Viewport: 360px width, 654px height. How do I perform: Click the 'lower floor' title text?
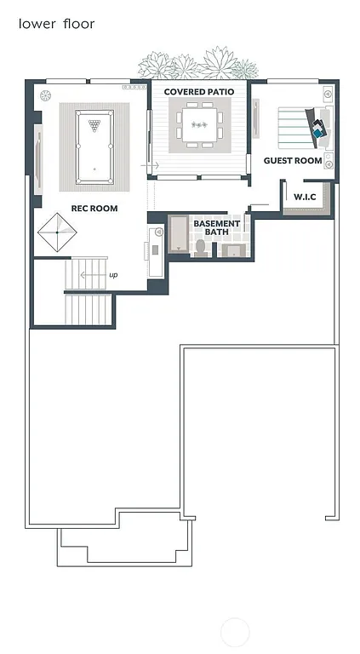coord(56,24)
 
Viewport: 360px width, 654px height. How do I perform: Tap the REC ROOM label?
coord(94,208)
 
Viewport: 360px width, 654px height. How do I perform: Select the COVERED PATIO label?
coord(199,91)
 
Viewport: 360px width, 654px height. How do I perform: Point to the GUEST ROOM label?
coord(293,160)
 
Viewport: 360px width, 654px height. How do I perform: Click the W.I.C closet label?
coord(306,197)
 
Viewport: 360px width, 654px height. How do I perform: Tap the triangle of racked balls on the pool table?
coord(94,125)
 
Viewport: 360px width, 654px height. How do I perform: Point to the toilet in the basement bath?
coord(201,246)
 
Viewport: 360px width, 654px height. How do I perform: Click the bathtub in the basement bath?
coord(178,234)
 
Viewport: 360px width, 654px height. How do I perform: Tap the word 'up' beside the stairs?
coord(113,275)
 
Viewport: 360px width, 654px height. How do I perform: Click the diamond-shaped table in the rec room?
coord(57,232)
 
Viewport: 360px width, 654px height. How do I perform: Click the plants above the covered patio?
coord(197,65)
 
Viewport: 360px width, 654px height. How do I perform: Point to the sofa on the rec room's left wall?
coord(37,157)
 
